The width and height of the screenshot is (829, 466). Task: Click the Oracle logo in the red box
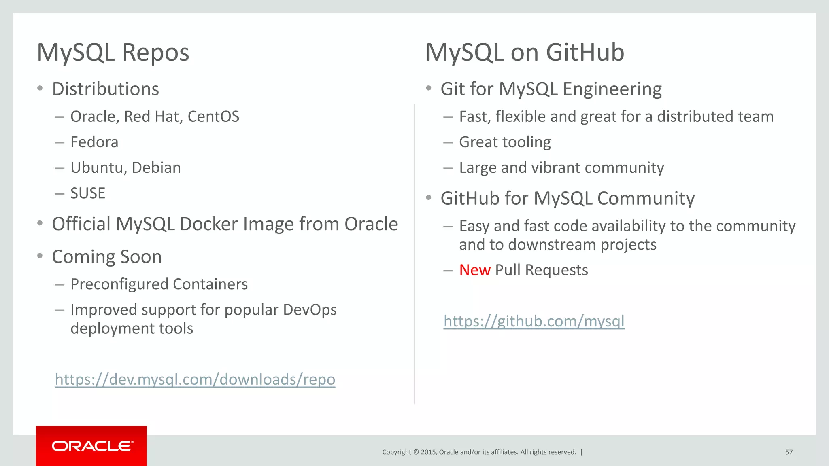pos(92,446)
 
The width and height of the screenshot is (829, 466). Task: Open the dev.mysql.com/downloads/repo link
pos(195,379)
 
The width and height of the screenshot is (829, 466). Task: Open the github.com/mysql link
pos(534,321)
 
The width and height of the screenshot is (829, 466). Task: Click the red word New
pos(475,270)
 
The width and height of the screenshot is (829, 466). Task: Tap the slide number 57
pos(789,452)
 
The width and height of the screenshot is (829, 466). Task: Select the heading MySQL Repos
pos(113,53)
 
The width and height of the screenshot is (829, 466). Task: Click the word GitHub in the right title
pos(585,53)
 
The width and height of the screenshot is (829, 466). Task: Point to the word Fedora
pos(94,142)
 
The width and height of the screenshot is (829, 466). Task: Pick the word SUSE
pos(88,193)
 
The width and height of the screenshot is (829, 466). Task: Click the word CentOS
pos(213,117)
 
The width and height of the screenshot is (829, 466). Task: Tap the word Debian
pos(156,168)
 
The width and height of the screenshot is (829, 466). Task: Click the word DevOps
pos(310,310)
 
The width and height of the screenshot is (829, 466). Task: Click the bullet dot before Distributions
pos(40,89)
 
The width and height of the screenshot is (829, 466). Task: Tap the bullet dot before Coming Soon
pos(40,256)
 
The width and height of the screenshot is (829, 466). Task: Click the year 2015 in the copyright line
pos(428,452)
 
